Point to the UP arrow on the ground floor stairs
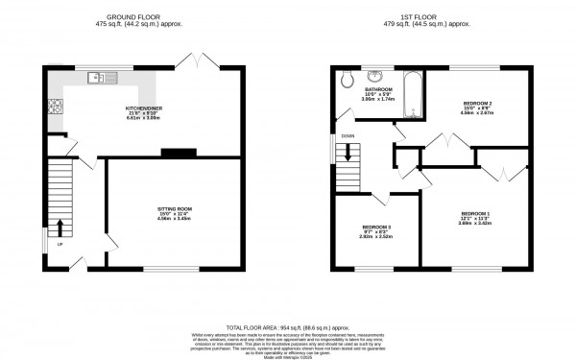click(60, 227)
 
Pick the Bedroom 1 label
click(474, 216)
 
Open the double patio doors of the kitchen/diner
click(198, 61)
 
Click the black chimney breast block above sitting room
click(177, 151)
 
